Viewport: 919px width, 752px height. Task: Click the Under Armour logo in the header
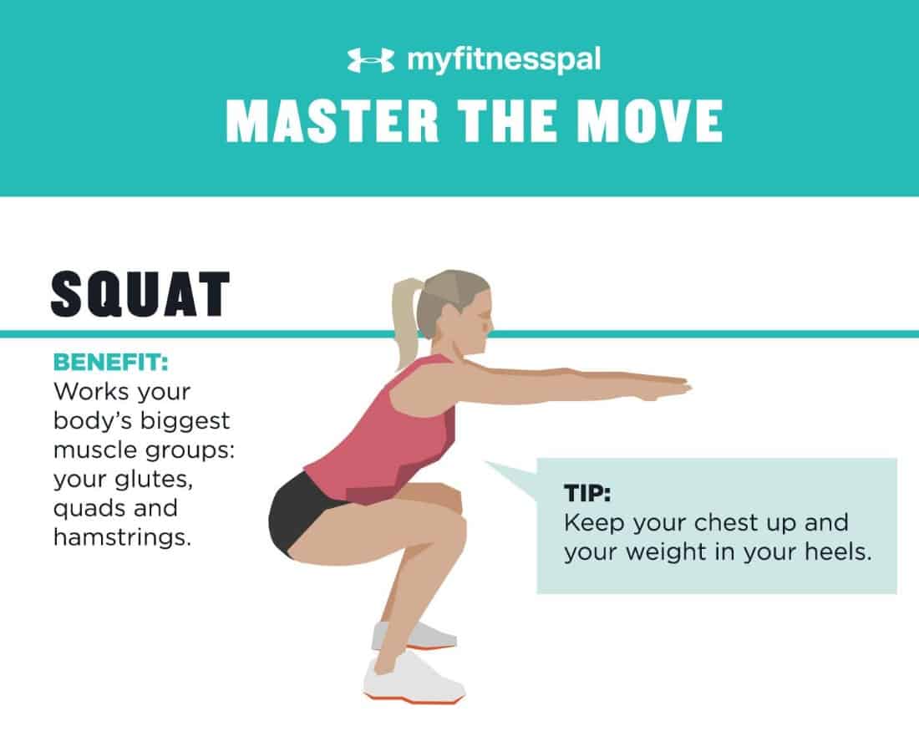coord(370,60)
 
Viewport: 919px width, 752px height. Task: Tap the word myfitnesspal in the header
coord(504,60)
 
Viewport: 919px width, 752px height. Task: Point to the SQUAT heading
coord(140,294)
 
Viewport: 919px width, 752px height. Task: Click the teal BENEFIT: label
coord(111,363)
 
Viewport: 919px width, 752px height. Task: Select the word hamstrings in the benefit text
coord(123,537)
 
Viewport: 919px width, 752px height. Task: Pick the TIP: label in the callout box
coord(587,493)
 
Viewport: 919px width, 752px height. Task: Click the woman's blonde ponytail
coord(405,323)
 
